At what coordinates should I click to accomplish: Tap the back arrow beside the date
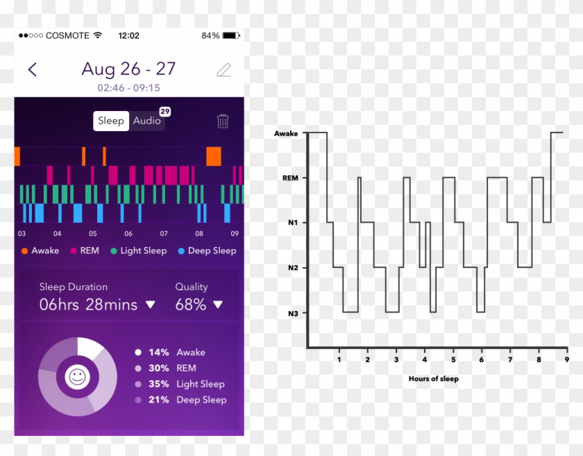[x=32, y=69]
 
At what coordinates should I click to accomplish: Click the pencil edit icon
[x=223, y=69]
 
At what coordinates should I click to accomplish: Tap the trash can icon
[x=223, y=121]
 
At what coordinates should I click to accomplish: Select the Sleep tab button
[x=111, y=121]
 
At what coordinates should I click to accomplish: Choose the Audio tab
[x=146, y=121]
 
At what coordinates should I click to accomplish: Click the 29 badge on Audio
[x=164, y=111]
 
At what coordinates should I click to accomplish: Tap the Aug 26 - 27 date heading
[x=128, y=69]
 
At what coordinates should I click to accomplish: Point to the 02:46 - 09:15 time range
[x=128, y=88]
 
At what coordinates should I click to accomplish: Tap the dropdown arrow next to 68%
[x=218, y=305]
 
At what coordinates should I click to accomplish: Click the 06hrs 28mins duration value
[x=88, y=305]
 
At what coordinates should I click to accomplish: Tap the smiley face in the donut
[x=77, y=377]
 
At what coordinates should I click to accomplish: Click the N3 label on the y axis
[x=293, y=314]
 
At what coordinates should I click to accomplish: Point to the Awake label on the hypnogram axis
[x=286, y=133]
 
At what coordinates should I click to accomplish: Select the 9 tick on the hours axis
[x=566, y=360]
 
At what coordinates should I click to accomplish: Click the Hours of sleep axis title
[x=434, y=379]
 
